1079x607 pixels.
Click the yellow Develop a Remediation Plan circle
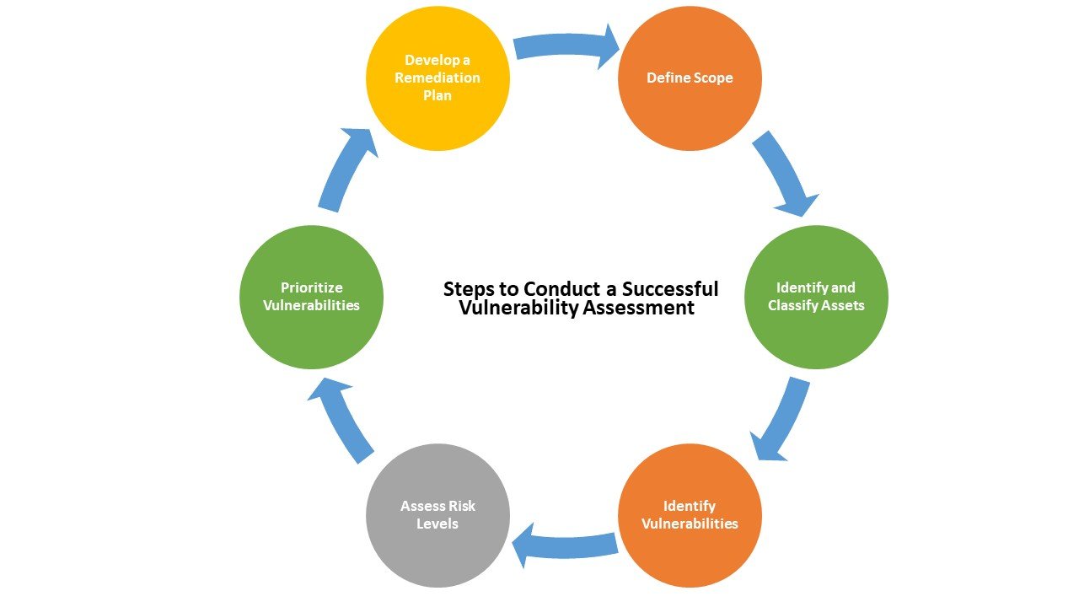pos(438,78)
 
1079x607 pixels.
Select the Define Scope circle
pos(690,78)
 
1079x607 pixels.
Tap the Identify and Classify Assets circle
pos(816,297)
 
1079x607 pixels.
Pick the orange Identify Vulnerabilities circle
pos(690,515)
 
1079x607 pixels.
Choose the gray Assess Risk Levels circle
pos(438,515)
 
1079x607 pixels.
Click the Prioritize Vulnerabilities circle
pos(311,297)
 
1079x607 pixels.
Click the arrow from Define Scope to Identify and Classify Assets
pos(783,173)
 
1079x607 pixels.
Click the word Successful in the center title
pos(670,289)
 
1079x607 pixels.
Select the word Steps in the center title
pos(468,289)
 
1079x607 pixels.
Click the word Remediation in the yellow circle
pos(438,78)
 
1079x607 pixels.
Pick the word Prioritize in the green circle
pos(311,287)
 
